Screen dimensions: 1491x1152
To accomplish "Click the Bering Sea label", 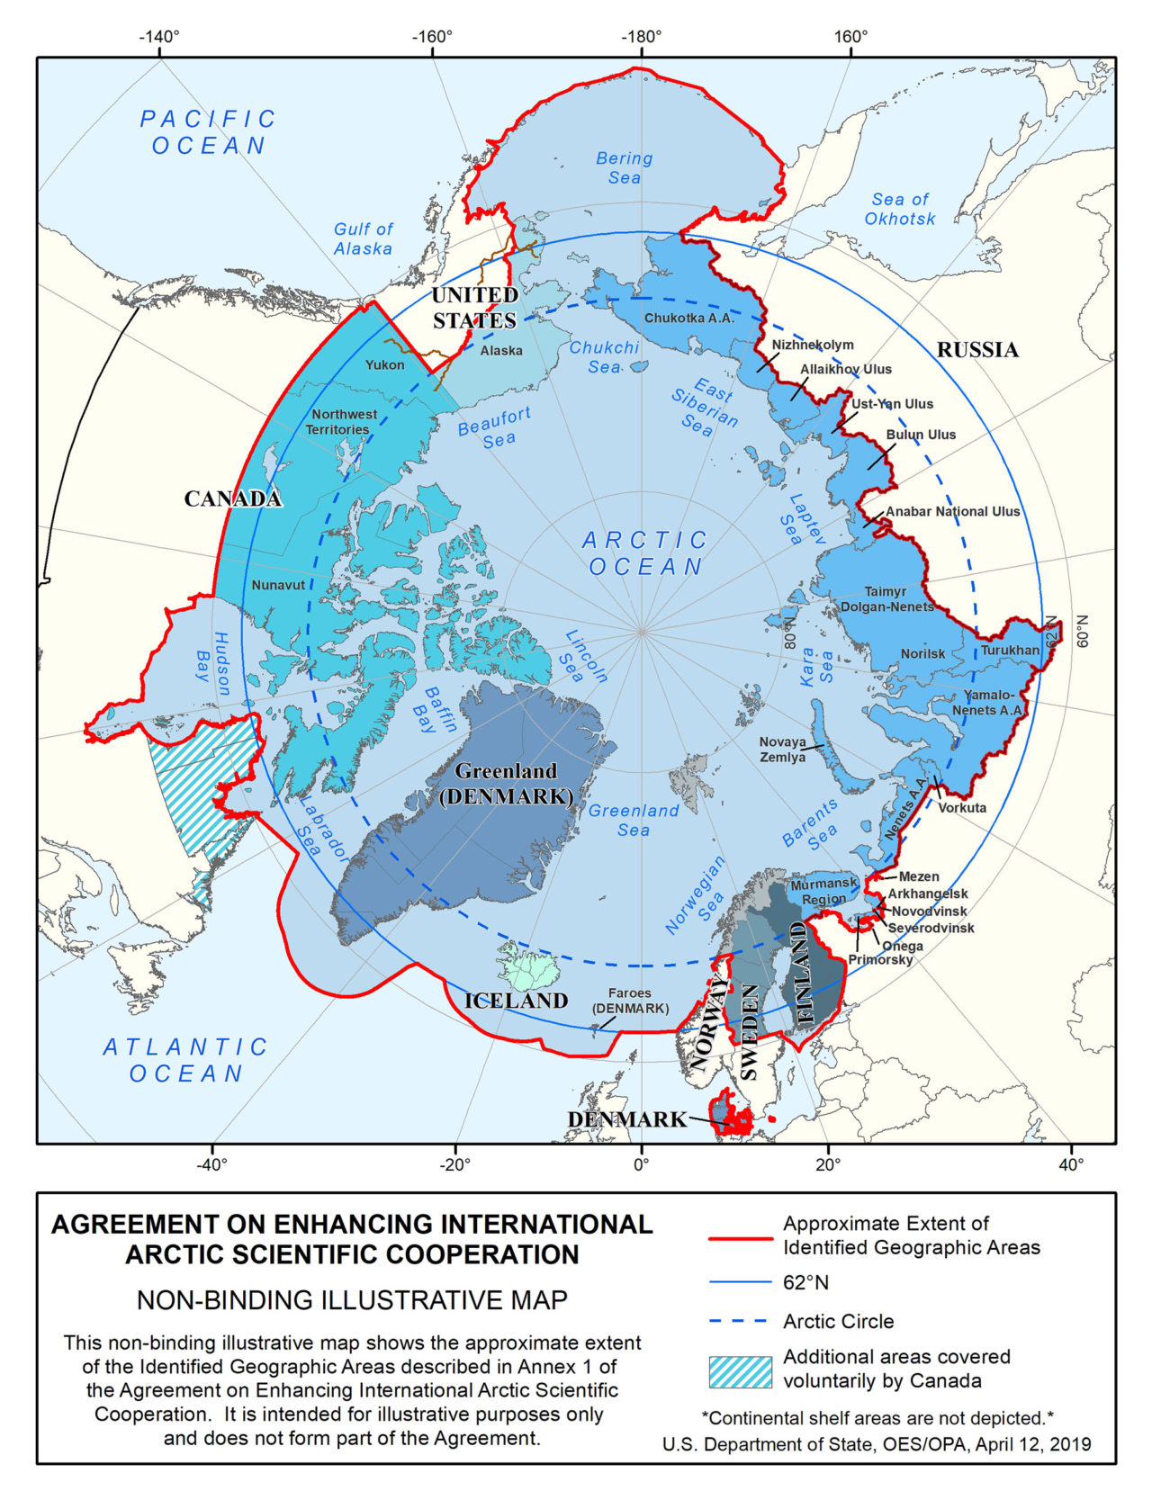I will (624, 168).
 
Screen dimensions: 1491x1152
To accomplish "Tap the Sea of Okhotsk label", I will (899, 209).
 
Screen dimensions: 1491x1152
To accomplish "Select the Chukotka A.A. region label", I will (689, 318).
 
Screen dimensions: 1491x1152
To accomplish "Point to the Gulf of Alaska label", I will (363, 238).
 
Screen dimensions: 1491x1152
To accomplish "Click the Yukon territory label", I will (384, 365).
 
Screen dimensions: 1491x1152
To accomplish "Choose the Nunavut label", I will (278, 585).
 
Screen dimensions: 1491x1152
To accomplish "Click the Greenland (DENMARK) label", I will (506, 784).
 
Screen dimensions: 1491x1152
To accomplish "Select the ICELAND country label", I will (516, 1001).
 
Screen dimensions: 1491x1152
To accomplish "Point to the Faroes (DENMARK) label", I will (630, 1001).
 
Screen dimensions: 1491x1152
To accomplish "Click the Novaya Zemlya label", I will (782, 750).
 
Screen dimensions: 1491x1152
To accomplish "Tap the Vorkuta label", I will (962, 807).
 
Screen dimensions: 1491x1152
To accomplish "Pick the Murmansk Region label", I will (823, 892).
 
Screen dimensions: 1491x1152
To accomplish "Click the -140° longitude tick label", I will (158, 37).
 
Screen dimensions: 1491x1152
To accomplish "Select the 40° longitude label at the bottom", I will (1071, 1164).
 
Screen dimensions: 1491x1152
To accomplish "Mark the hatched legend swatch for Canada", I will (740, 1372).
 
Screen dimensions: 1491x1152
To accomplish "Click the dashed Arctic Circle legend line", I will (740, 1322).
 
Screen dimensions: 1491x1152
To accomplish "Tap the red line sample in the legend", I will (740, 1238).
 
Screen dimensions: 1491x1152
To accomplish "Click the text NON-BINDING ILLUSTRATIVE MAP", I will (352, 1300).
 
